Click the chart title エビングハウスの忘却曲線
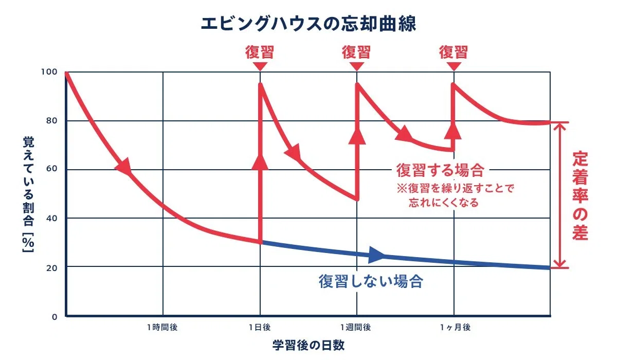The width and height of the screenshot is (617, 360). (x=308, y=24)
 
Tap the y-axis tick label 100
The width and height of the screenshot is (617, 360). (x=49, y=72)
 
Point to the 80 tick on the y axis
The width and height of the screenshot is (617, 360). (x=51, y=121)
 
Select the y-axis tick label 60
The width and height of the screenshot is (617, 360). (x=51, y=168)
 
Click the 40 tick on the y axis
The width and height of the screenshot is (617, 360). (x=51, y=219)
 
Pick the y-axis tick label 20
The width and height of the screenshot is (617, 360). (x=51, y=268)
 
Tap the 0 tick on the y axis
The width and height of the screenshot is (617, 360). (x=55, y=317)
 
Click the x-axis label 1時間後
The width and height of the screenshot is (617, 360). (x=162, y=327)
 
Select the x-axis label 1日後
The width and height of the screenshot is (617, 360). (x=260, y=327)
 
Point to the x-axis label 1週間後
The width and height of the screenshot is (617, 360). (x=356, y=327)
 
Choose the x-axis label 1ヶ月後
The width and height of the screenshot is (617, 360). (x=455, y=327)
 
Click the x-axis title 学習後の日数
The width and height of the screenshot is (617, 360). (x=308, y=345)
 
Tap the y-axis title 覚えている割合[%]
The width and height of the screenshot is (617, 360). (x=28, y=194)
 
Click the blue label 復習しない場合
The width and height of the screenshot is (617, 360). (x=371, y=281)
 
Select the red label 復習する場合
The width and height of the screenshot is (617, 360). (x=440, y=170)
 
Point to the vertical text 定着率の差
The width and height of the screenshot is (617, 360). (x=580, y=195)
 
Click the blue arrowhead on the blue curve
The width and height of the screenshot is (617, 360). (x=376, y=255)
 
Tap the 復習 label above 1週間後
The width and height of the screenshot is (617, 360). (x=356, y=52)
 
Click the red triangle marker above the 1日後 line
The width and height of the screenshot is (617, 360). (x=260, y=66)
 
